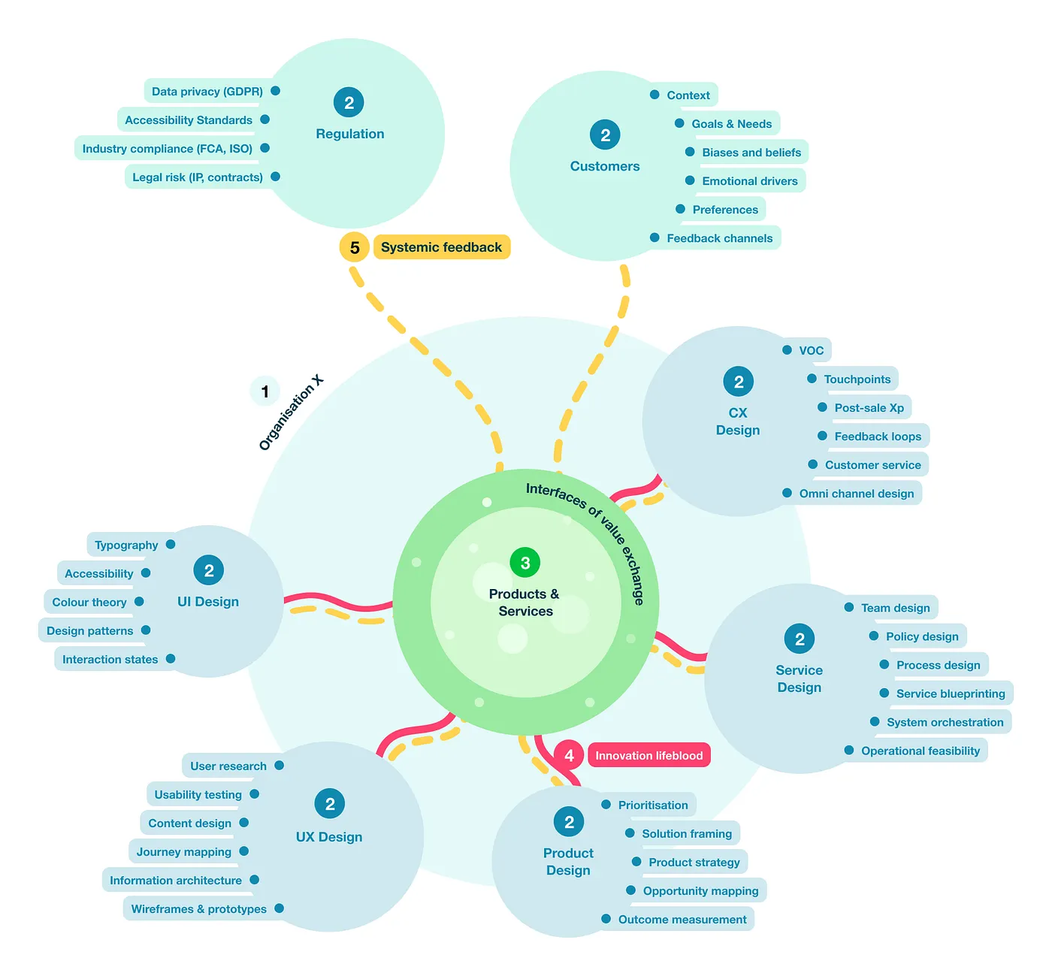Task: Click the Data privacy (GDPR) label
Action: pos(207,92)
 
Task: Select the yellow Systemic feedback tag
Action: pos(441,247)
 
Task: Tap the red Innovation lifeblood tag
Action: pos(648,756)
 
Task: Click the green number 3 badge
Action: pos(525,563)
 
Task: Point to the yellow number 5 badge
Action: pos(355,248)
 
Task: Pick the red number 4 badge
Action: pos(569,756)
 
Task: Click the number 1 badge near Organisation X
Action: pos(265,391)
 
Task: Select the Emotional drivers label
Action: pos(749,181)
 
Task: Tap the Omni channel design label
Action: pos(856,494)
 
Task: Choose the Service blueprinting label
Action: pos(950,693)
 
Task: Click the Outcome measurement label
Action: pos(682,920)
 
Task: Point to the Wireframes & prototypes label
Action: pos(198,909)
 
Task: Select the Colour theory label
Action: pos(89,603)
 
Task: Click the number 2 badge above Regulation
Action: pos(349,103)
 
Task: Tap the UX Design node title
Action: pos(329,837)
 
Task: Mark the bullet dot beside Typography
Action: pos(171,545)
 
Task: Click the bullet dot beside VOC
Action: pos(787,350)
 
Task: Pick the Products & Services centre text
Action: pos(524,603)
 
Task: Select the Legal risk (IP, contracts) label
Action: pos(197,177)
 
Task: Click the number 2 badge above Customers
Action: pos(605,135)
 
